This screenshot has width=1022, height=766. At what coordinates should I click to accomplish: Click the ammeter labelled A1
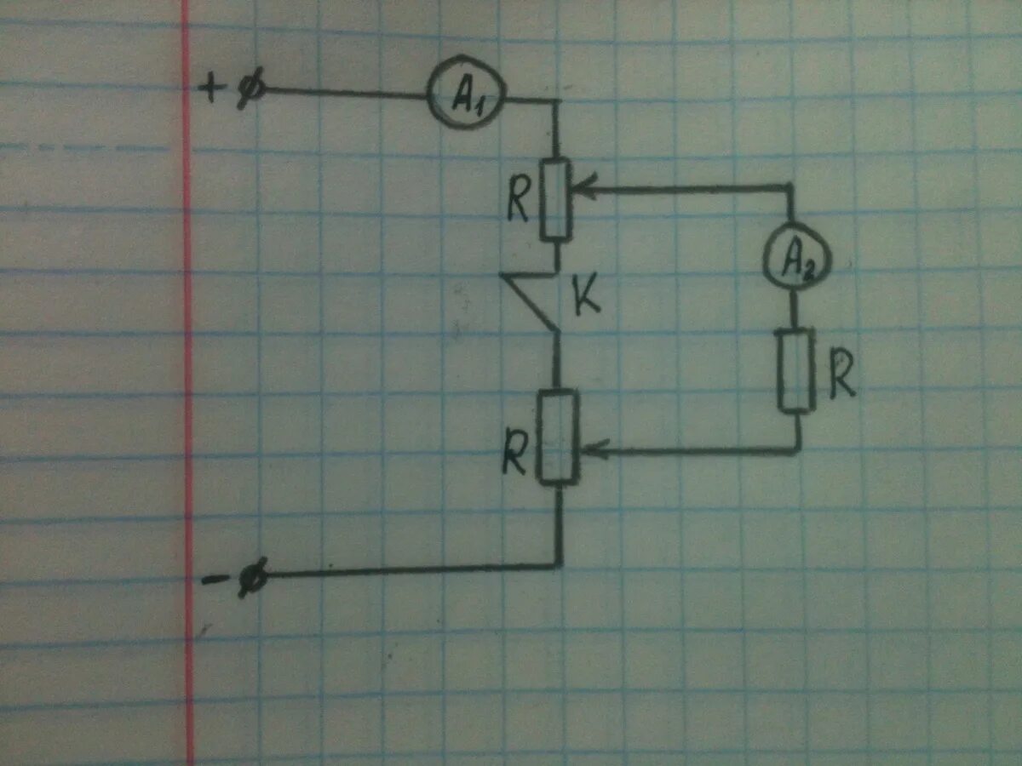click(x=466, y=93)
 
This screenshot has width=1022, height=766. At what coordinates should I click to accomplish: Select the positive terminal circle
click(x=250, y=89)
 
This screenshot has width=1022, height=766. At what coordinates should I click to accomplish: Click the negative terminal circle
click(x=254, y=578)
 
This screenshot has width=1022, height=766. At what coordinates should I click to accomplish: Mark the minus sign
click(x=211, y=580)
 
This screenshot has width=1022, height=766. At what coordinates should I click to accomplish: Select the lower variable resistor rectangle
click(x=559, y=437)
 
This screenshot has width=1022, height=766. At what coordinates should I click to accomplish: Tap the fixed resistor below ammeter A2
click(x=795, y=370)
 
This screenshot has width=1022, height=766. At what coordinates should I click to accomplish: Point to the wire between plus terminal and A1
click(x=341, y=91)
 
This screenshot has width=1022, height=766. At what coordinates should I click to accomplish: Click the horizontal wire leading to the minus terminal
click(x=409, y=571)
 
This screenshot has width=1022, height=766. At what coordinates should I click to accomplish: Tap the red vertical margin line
click(x=187, y=383)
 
